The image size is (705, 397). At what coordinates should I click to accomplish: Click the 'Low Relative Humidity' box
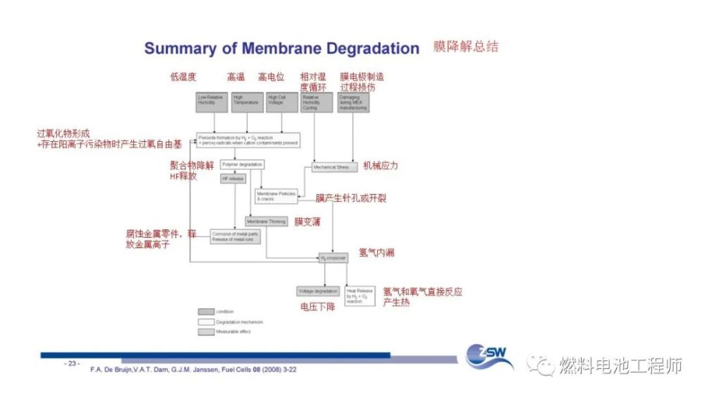(x=212, y=102)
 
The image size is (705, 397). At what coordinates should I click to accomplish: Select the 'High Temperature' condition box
(x=247, y=102)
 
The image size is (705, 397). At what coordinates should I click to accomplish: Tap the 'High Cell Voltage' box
(x=282, y=102)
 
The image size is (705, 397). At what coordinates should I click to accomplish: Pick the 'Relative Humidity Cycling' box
(x=315, y=102)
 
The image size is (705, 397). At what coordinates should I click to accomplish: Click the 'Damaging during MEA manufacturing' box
(x=353, y=102)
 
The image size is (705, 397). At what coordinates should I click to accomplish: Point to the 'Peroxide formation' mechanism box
(x=248, y=140)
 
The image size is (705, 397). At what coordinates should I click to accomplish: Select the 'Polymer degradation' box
(x=242, y=164)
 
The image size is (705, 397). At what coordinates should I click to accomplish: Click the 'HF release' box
(x=233, y=179)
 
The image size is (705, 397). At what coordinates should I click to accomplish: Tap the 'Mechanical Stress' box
(x=331, y=167)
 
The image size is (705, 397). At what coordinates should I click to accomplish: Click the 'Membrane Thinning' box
(x=266, y=221)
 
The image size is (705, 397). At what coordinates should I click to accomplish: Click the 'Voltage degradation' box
(x=318, y=291)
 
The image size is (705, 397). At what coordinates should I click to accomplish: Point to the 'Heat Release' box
(x=360, y=295)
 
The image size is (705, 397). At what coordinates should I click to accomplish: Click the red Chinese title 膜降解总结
(x=466, y=47)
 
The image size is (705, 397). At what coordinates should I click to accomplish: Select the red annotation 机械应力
(x=381, y=166)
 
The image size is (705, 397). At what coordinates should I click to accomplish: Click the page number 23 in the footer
(x=73, y=363)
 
